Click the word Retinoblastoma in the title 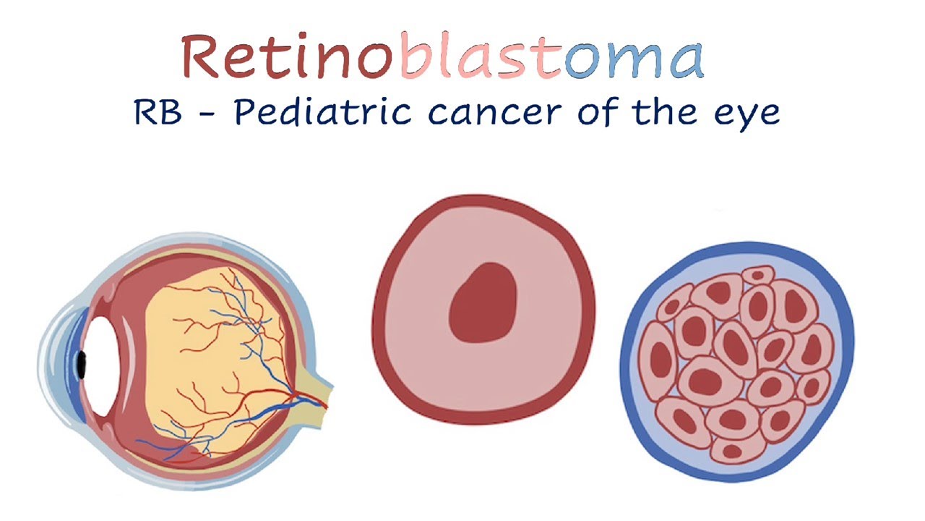pos(442,56)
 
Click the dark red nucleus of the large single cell pos(483,302)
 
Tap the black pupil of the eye pos(81,365)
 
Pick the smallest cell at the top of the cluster pos(758,275)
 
